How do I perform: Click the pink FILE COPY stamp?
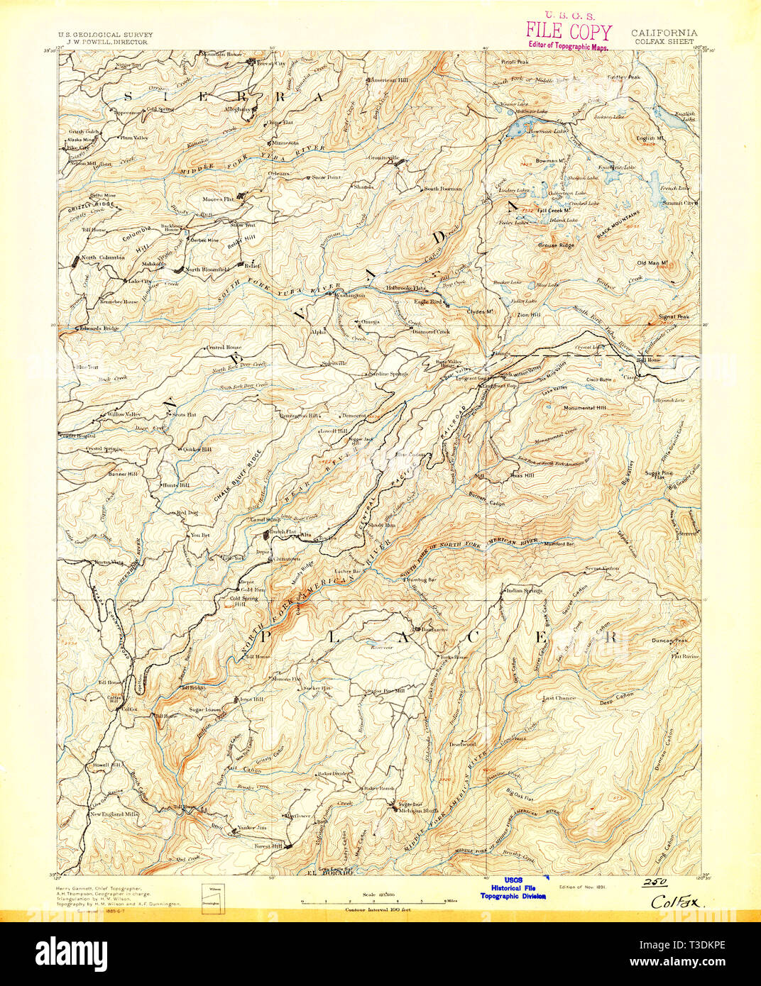coord(569,32)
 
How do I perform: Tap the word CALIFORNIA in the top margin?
coord(664,33)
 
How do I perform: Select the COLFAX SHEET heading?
coord(663,42)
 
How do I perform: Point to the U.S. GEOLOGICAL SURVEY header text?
coord(104,35)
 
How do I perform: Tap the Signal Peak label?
coord(673,317)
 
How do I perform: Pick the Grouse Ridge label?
coord(556,245)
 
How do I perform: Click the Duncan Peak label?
coord(669,641)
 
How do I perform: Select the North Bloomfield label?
coord(207,270)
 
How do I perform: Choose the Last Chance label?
coord(559,698)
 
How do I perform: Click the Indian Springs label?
coord(524,590)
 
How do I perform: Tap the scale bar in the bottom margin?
coord(373,902)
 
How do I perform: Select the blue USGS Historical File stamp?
coord(513,887)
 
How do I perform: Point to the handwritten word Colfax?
coord(672,902)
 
